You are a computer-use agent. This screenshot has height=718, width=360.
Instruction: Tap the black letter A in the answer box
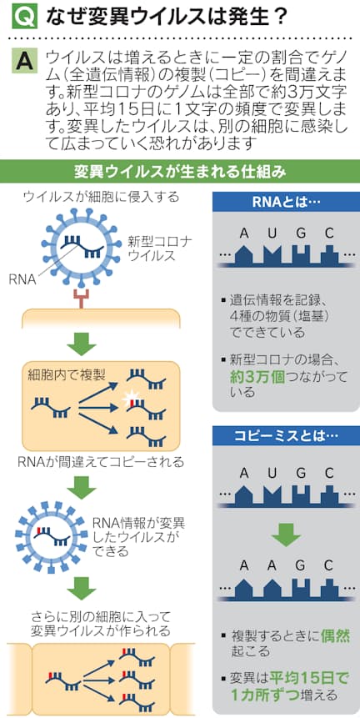click(x=27, y=61)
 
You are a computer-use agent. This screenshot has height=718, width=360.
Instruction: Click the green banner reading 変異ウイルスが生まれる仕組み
click(x=180, y=173)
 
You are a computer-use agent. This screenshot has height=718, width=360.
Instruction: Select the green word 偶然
click(x=335, y=636)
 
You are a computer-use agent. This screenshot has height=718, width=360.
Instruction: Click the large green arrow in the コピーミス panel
click(x=286, y=531)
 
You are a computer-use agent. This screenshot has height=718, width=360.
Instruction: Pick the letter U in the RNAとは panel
click(x=272, y=234)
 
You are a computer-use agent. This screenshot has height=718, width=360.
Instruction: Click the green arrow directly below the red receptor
click(x=82, y=343)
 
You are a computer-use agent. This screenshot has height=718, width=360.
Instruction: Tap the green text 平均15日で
click(x=309, y=677)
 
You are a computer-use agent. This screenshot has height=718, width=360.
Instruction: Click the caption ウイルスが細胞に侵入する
click(x=101, y=198)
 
